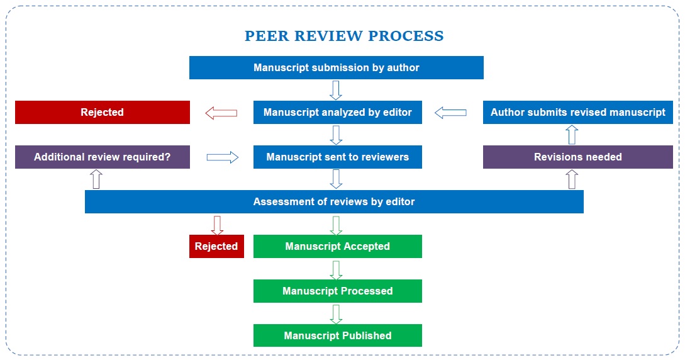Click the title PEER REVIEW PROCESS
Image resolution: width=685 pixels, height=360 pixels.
[343, 36]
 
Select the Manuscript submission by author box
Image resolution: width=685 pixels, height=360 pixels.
[336, 67]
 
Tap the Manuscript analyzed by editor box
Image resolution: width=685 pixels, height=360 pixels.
[337, 112]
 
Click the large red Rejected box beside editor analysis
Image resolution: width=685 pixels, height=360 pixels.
[102, 112]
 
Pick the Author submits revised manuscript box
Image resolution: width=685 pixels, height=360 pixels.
[577, 112]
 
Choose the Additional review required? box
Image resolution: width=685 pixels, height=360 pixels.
[102, 157]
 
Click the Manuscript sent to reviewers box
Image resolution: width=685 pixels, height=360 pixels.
[337, 157]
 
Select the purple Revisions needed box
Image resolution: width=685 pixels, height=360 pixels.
[577, 157]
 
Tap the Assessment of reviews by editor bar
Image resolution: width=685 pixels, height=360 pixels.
[334, 201]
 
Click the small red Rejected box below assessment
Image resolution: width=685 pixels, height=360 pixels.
[216, 246]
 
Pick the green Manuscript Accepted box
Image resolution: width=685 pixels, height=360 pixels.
[337, 246]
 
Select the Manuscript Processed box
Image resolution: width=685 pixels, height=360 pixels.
[337, 291]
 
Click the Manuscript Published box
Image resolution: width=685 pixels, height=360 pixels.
[337, 335]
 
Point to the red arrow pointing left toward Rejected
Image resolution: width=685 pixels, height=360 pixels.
[221, 113]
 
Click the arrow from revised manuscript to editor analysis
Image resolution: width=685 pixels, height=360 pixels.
[451, 113]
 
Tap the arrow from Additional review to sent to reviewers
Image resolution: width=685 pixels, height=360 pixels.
[223, 157]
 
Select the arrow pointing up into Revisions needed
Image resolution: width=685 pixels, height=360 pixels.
[572, 179]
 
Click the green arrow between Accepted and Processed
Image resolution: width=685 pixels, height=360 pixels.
[336, 269]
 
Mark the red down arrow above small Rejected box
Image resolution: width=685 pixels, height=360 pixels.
[217, 225]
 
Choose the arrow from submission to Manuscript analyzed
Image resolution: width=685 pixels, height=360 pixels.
[336, 90]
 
